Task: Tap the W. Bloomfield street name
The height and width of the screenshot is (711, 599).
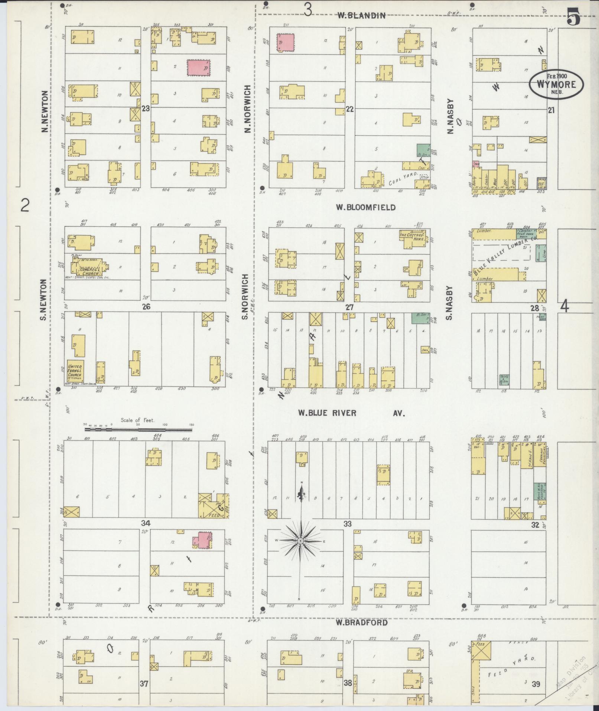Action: coord(365,207)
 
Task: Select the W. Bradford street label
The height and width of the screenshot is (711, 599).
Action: coord(362,623)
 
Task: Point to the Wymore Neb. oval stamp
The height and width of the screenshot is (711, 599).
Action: coord(556,85)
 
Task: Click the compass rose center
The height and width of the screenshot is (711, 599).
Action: coord(300,541)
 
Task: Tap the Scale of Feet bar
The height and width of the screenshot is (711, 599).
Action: coord(139,430)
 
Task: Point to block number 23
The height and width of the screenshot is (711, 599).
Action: coord(146,109)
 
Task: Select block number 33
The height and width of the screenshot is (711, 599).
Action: coord(348,524)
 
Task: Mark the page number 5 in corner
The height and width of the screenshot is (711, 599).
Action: coord(574,17)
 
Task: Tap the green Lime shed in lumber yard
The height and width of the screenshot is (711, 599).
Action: coord(541,253)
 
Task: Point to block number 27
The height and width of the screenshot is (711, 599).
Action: coord(349,307)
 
